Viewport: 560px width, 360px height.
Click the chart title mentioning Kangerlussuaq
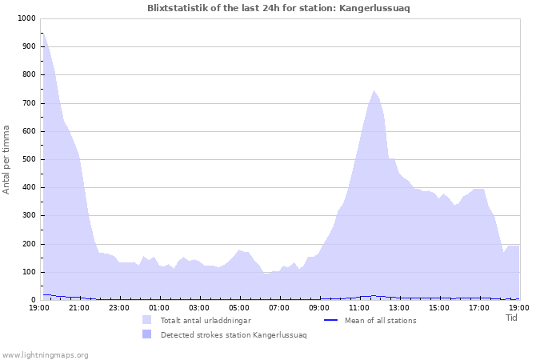pyautogui.click(x=280, y=8)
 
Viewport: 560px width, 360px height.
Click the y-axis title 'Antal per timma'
pyautogui.click(x=7, y=158)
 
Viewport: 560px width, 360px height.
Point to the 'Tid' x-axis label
pyautogui.click(x=512, y=318)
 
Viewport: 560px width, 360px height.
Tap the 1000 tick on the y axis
pyautogui.click(x=26, y=18)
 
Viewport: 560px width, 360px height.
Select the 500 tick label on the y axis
pyautogui.click(x=28, y=159)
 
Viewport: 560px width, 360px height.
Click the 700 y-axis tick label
pyautogui.click(x=28, y=103)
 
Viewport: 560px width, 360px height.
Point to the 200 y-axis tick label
pyautogui.click(x=28, y=244)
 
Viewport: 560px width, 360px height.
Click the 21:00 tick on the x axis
pyautogui.click(x=79, y=307)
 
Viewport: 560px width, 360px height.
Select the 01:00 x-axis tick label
pyautogui.click(x=159, y=307)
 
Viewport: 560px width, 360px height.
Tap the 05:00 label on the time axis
pyautogui.click(x=239, y=307)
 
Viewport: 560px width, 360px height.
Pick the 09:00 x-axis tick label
pyautogui.click(x=319, y=307)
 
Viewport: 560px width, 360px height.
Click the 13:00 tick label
pyautogui.click(x=399, y=307)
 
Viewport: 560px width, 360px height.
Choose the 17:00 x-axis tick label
pyautogui.click(x=479, y=307)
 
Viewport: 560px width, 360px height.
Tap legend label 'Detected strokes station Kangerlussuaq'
pyautogui.click(x=233, y=335)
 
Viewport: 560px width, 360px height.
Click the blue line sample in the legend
pyautogui.click(x=331, y=321)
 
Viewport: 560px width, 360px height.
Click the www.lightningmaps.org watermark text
pyautogui.click(x=46, y=354)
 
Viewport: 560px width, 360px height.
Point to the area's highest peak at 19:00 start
pyautogui.click(x=42, y=33)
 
